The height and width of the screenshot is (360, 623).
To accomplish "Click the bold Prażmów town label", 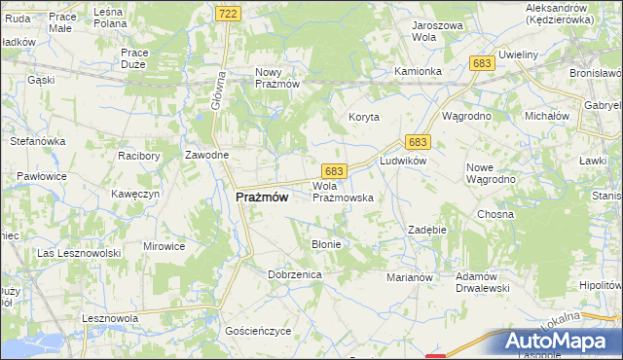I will (262, 197).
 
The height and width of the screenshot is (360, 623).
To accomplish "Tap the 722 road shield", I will (227, 13).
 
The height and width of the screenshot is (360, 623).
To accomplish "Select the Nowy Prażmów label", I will (276, 79).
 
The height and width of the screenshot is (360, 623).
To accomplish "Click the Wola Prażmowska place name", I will (342, 191).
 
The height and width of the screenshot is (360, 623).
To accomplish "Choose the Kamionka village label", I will (419, 72).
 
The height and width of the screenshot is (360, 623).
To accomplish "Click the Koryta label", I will (364, 117).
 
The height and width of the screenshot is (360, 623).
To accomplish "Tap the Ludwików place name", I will (404, 161).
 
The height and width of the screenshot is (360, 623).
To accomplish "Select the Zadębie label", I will (426, 230).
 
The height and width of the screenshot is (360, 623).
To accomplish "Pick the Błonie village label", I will (325, 244).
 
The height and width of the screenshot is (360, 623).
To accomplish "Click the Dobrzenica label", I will (294, 275).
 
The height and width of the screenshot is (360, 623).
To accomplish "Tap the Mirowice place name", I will (164, 246).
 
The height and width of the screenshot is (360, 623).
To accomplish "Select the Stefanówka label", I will (37, 141).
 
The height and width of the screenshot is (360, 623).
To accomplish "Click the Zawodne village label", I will (207, 156).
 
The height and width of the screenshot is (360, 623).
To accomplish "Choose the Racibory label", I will (138, 156).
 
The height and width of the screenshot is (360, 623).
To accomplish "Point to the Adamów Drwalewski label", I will (483, 281).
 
